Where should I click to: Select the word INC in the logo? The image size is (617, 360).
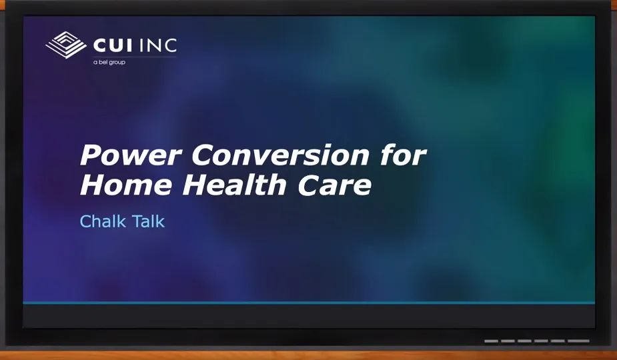[159, 45]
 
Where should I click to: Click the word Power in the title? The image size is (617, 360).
[131, 156]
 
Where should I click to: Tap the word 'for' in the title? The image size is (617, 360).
[403, 156]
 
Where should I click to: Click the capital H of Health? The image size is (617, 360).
[195, 185]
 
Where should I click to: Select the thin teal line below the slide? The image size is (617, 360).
[308, 303]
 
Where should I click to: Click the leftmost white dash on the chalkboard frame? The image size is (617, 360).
[491, 341]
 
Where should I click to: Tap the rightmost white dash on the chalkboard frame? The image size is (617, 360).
[579, 341]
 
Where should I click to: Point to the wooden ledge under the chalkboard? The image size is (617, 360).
[308, 355]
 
